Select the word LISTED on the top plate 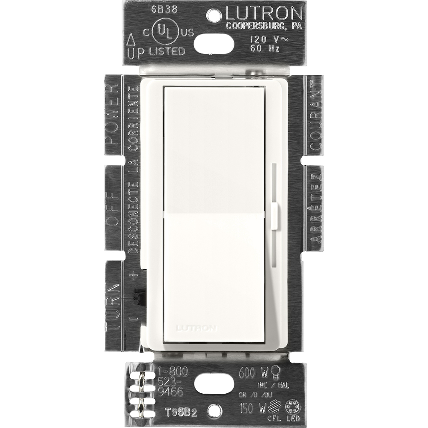coord(167,51)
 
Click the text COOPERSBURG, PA coord(264,25)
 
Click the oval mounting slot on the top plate coord(214,43)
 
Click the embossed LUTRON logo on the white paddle coord(196,328)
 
